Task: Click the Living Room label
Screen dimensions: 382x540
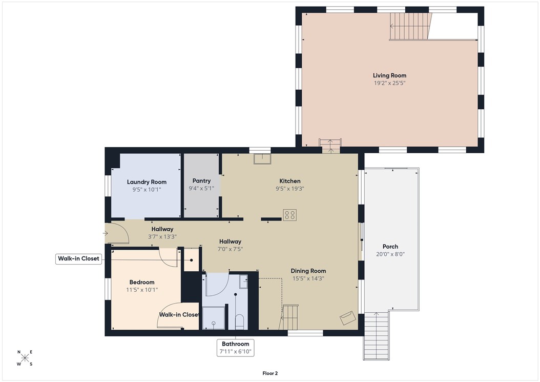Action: point(389,75)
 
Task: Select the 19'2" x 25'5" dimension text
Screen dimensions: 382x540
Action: point(389,83)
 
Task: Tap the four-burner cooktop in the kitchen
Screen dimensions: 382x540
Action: point(290,215)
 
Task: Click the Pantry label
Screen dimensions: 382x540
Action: point(201,181)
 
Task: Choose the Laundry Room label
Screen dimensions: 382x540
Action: point(147,182)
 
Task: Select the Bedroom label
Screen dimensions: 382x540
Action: point(141,282)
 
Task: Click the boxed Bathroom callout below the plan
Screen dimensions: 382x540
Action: point(235,347)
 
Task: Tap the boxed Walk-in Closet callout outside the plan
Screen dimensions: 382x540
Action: point(78,259)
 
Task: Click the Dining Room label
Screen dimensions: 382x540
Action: point(308,271)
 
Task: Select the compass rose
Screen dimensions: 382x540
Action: point(25,358)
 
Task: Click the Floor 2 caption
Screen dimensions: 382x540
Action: point(270,373)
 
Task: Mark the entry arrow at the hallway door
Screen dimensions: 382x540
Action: point(106,233)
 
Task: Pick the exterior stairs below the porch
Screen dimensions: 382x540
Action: point(377,336)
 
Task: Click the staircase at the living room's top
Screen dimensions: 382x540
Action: point(410,26)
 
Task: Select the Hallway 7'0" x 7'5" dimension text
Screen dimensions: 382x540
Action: point(230,249)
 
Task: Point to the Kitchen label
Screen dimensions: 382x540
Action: point(289,181)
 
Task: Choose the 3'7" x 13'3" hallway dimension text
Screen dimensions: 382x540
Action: point(162,237)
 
